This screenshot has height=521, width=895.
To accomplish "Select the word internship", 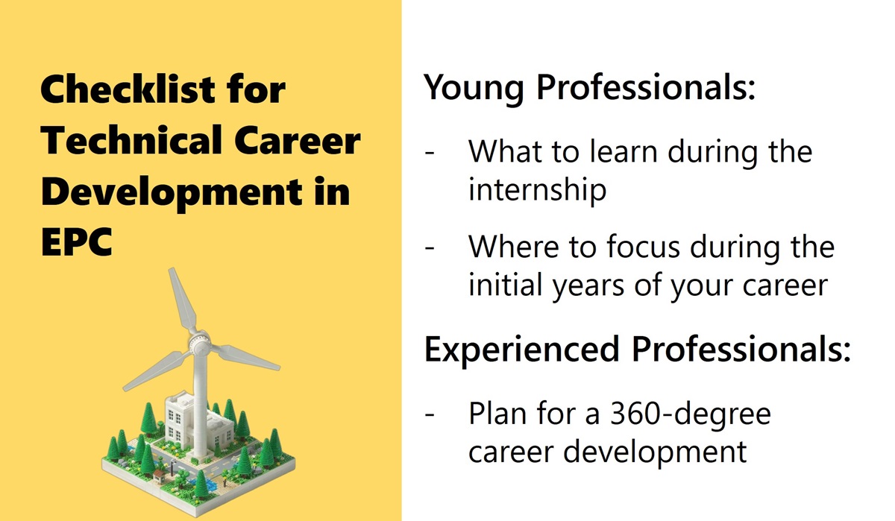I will [x=537, y=190].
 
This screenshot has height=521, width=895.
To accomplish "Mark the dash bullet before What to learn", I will [x=430, y=153].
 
